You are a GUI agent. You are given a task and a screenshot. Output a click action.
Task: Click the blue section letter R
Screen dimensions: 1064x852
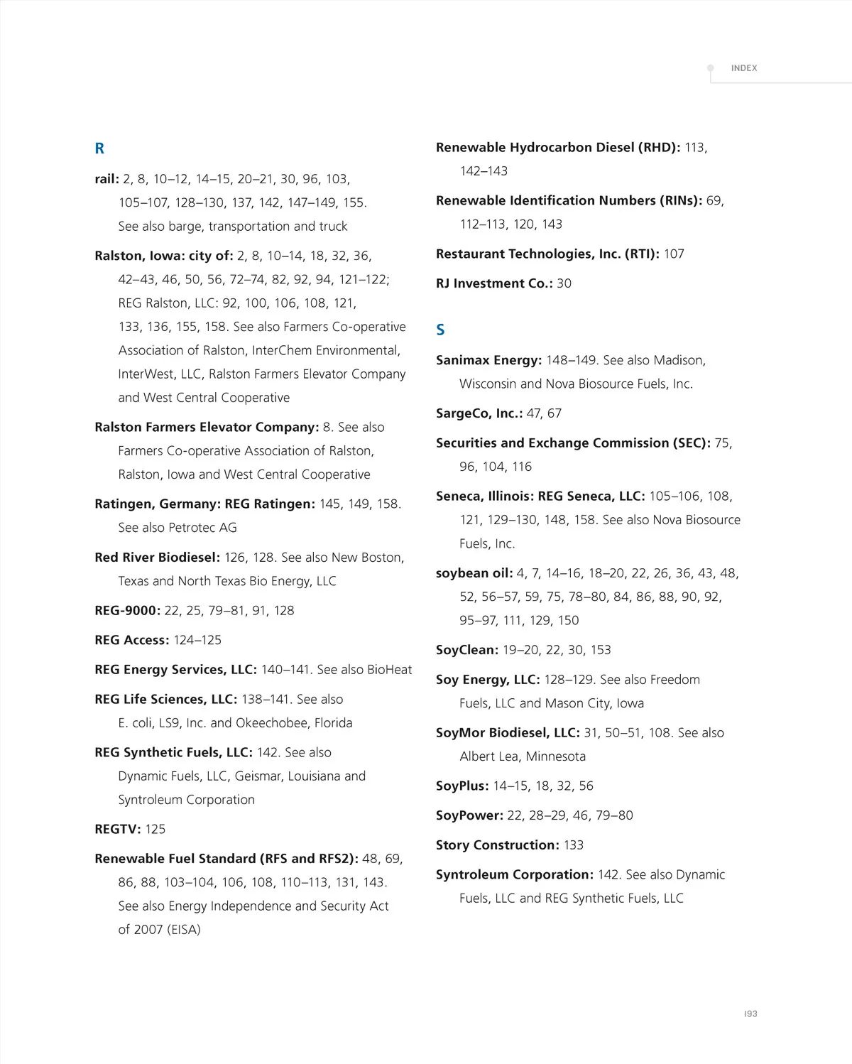coord(99,148)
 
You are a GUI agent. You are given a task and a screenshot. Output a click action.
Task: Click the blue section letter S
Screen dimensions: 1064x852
coord(440,330)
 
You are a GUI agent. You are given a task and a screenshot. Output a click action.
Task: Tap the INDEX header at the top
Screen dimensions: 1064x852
coord(743,68)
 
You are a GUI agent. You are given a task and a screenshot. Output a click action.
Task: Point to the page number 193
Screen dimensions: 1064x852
coord(750,1014)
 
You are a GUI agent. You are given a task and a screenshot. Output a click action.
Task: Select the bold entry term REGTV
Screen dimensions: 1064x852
coord(117,829)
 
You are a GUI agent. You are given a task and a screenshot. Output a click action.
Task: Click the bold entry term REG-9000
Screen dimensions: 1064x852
coord(127,610)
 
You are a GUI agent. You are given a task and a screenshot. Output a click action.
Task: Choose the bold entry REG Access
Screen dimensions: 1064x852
coord(131,640)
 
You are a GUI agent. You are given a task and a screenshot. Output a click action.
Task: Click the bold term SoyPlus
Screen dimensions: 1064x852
coord(461,786)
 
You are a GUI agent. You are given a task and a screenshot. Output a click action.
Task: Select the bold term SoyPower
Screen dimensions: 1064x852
coord(469,815)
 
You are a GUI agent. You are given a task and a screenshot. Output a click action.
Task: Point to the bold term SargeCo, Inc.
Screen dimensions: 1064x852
coord(479,413)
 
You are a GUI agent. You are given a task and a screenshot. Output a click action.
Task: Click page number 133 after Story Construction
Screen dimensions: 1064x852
coord(574,845)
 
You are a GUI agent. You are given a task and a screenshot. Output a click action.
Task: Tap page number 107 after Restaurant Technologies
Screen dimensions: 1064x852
coord(674,254)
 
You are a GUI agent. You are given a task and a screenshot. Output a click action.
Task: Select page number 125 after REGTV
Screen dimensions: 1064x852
coord(155,829)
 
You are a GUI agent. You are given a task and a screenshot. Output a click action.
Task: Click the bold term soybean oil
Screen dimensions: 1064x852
coord(474,573)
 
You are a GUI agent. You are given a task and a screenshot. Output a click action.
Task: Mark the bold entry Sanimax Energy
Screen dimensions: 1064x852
coord(488,360)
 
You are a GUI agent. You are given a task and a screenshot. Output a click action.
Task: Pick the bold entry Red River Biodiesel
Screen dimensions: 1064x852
coord(157,558)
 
